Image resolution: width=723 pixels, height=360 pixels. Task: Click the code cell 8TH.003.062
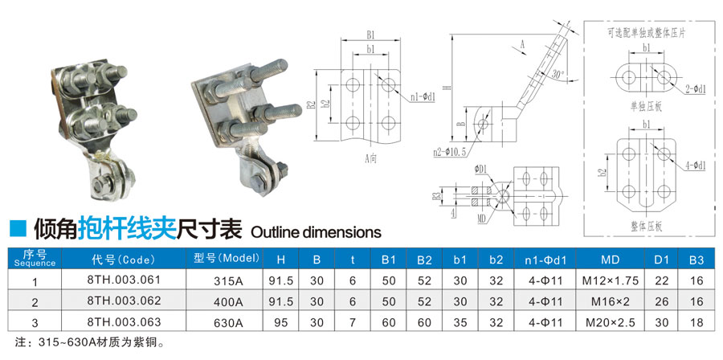point(124,301)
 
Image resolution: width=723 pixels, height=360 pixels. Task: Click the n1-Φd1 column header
point(545,260)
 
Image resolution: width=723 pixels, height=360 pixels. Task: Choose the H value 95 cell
point(281,322)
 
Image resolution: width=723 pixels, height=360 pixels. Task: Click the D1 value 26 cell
point(661,301)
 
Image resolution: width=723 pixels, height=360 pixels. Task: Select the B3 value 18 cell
point(696,322)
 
